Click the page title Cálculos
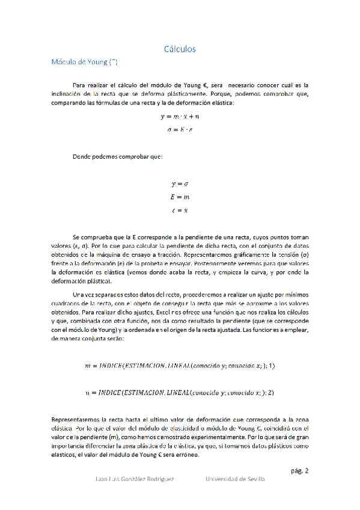180,49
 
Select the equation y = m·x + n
180,117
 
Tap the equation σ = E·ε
180,129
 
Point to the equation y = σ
180,184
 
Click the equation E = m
180,197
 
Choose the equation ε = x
180,210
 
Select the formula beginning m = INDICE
180,366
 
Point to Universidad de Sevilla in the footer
234,479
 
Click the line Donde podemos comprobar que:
117,156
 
